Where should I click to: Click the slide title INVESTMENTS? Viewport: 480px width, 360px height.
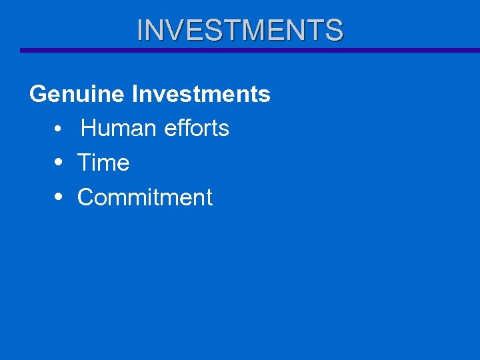(240, 30)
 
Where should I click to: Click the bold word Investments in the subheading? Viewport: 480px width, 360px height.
(201, 95)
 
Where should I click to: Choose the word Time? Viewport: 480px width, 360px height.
(103, 163)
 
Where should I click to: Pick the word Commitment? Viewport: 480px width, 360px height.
(145, 197)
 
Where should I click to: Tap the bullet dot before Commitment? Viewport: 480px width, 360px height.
(59, 198)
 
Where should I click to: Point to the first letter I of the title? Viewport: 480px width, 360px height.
(140, 30)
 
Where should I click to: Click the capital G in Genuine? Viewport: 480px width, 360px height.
(39, 95)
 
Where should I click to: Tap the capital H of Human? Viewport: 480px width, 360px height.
(89, 128)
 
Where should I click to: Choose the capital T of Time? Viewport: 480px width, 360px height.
(85, 163)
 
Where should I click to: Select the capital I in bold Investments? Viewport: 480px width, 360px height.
(135, 95)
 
